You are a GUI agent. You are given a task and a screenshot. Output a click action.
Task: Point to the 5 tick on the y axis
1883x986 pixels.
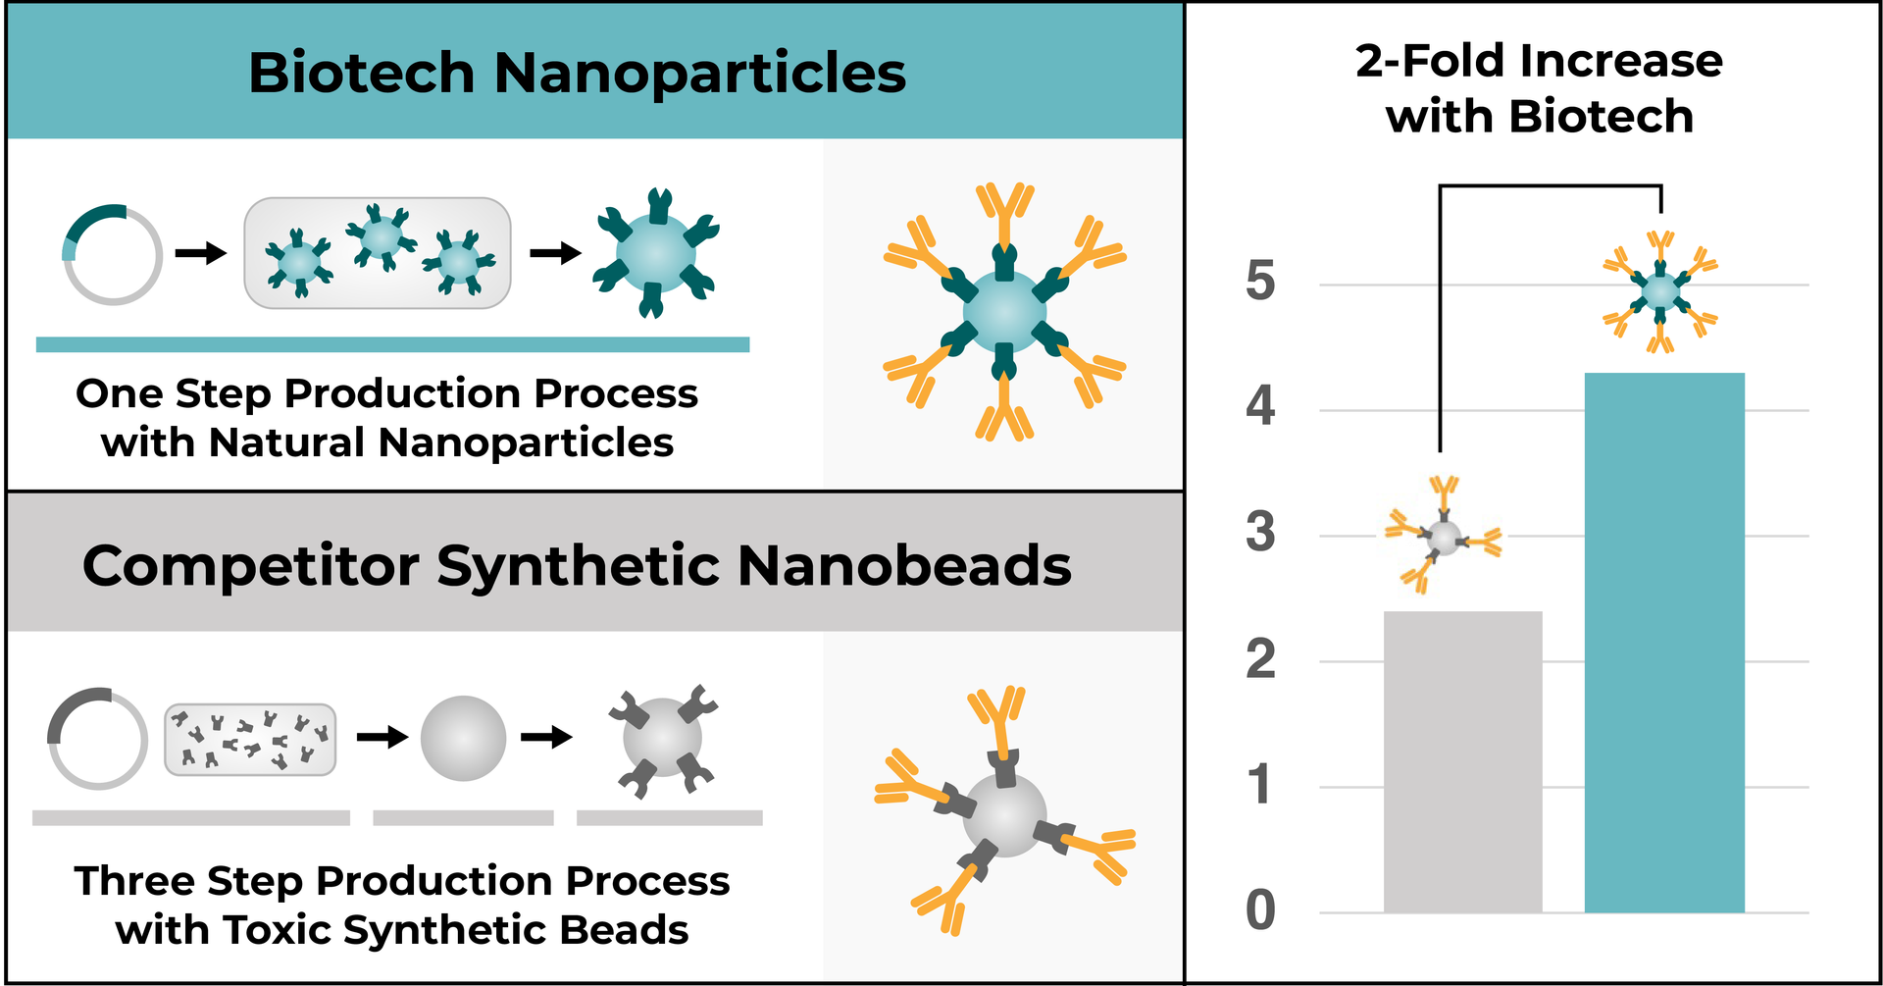click(1260, 283)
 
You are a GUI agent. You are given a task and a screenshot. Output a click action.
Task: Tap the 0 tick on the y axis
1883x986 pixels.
click(1260, 910)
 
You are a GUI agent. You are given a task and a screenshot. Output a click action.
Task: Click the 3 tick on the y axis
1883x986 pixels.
click(1260, 534)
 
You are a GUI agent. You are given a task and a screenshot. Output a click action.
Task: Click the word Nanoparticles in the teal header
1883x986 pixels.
click(699, 74)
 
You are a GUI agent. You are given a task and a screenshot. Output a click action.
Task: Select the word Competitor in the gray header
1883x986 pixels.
click(252, 566)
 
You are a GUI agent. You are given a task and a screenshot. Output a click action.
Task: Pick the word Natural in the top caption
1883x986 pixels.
click(286, 442)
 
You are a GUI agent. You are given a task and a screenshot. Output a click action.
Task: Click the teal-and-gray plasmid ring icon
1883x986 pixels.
click(113, 254)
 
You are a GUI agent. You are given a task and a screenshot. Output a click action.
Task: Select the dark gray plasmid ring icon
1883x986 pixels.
click(98, 739)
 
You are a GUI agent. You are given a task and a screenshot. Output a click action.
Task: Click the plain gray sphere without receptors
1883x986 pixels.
click(463, 739)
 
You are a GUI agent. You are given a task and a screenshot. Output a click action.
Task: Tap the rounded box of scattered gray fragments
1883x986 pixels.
click(250, 740)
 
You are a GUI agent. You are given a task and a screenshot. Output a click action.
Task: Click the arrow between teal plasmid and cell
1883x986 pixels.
click(201, 254)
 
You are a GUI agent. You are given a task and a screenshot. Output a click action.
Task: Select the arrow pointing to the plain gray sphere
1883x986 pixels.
click(382, 737)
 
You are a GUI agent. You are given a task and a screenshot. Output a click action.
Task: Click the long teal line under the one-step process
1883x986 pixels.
click(392, 344)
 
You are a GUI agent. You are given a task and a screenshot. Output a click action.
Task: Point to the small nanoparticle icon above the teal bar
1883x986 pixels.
click(1659, 291)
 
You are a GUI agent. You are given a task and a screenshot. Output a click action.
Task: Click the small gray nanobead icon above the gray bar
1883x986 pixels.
click(1443, 537)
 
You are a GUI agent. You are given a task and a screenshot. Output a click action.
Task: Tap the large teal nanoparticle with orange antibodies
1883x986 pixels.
click(1004, 311)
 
